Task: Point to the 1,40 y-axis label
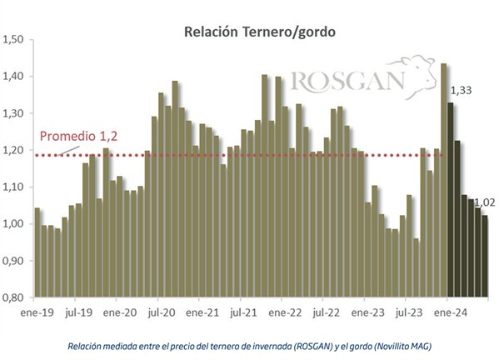[x=14, y=76]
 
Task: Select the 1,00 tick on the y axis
[x=14, y=224]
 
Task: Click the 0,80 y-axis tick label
[x=14, y=297]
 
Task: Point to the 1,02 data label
[x=485, y=202]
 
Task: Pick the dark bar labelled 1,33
[x=451, y=200]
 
